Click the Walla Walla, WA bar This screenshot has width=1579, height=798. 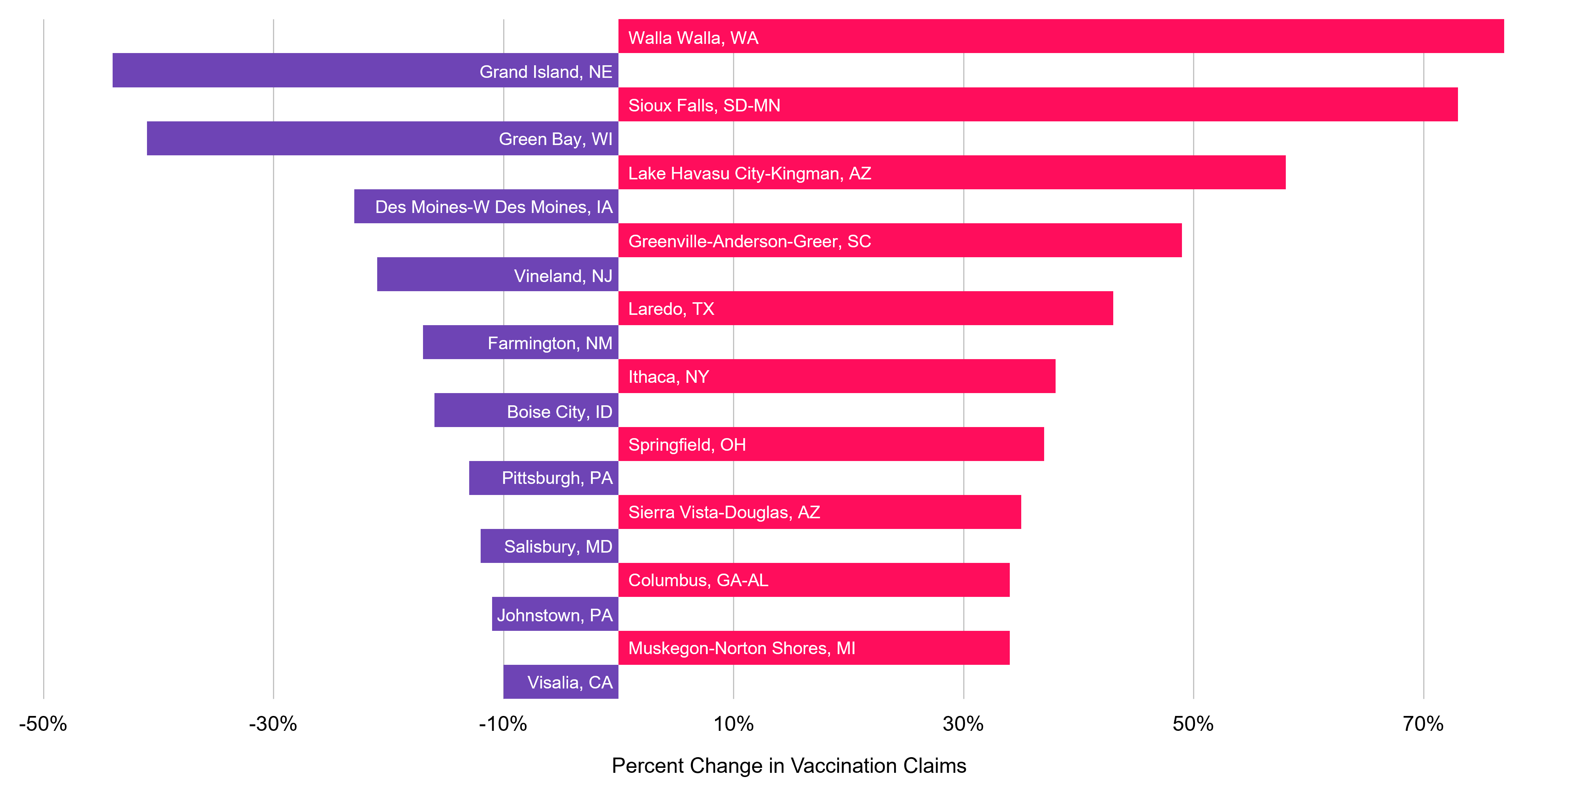[x=1061, y=36]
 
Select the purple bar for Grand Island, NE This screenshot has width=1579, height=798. [x=365, y=71]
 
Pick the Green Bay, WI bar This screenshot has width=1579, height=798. [x=383, y=139]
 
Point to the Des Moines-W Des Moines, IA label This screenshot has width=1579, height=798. [x=493, y=207]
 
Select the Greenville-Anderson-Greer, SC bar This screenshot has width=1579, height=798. [x=900, y=240]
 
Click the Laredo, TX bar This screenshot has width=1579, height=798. [x=865, y=308]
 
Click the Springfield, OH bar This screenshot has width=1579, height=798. [x=831, y=444]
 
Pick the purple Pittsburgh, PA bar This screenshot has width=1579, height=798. [x=543, y=478]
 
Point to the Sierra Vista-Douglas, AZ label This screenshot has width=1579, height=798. [x=724, y=513]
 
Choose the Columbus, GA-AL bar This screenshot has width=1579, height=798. [x=814, y=580]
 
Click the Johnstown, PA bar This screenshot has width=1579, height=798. [x=555, y=614]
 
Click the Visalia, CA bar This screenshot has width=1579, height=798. [x=560, y=682]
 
